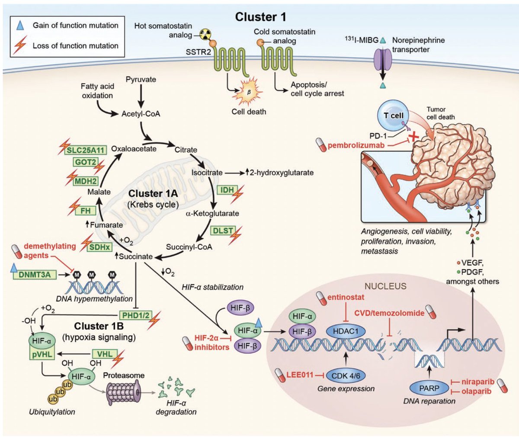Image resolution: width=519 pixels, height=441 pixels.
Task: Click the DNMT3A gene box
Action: tap(35, 274)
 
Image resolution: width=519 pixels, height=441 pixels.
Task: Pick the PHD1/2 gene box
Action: tap(135, 315)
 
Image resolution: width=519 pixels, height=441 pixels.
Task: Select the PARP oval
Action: tap(429, 389)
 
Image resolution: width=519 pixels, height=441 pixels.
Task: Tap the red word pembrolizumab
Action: tap(356, 145)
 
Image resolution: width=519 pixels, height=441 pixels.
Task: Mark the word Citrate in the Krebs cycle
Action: tap(186, 150)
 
